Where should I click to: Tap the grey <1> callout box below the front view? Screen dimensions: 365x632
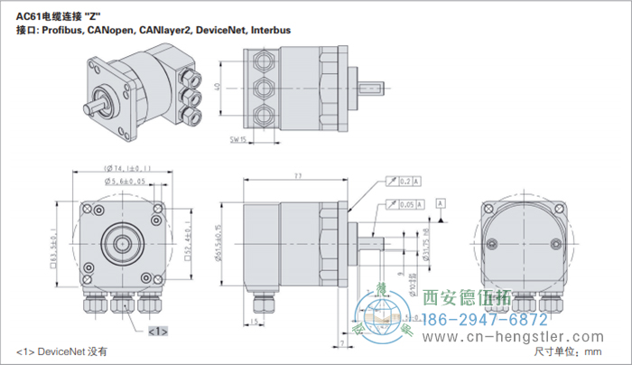pyautogui.click(x=157, y=332)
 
